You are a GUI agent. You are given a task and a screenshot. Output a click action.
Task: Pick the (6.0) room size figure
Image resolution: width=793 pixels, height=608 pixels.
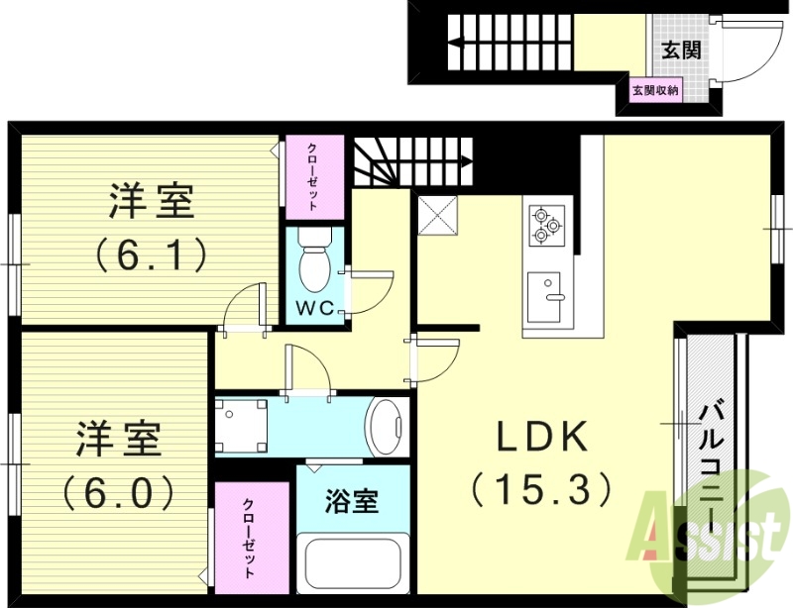pos(120,489)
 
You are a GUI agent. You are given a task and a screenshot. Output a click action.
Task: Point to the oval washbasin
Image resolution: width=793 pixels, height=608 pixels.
pos(387,426)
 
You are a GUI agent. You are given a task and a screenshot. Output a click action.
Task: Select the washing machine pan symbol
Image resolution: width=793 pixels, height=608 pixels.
pos(241,425)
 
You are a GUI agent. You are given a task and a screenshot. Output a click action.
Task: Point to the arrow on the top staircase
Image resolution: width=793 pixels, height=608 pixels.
pos(458,43)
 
